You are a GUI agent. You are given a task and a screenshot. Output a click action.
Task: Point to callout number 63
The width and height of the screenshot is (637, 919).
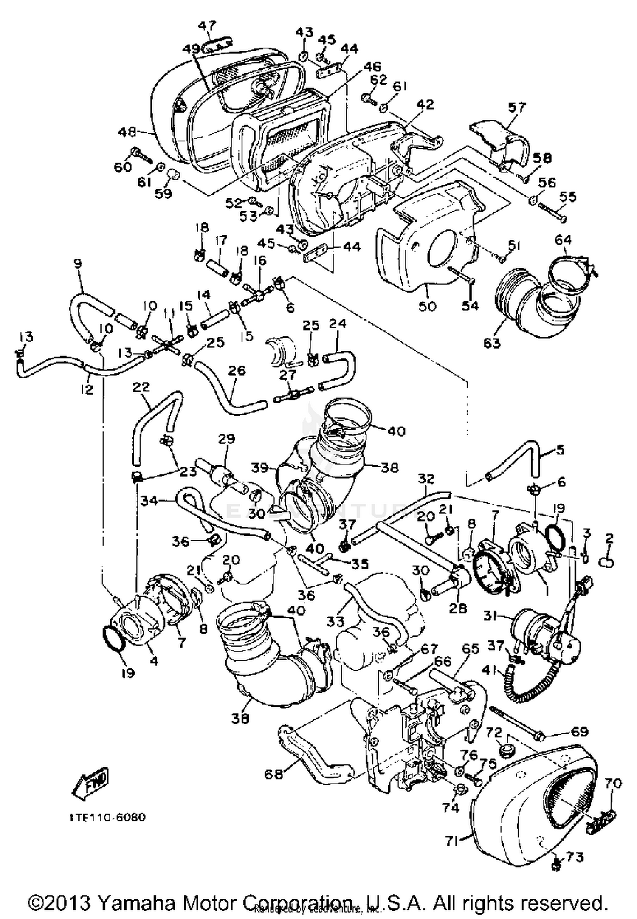point(492,343)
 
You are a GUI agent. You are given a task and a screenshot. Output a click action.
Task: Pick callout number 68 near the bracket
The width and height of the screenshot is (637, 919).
point(273,774)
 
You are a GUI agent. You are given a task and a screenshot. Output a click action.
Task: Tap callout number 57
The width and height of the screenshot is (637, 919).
point(516,107)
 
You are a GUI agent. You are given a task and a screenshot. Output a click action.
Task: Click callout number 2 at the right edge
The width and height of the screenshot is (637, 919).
point(609,539)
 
